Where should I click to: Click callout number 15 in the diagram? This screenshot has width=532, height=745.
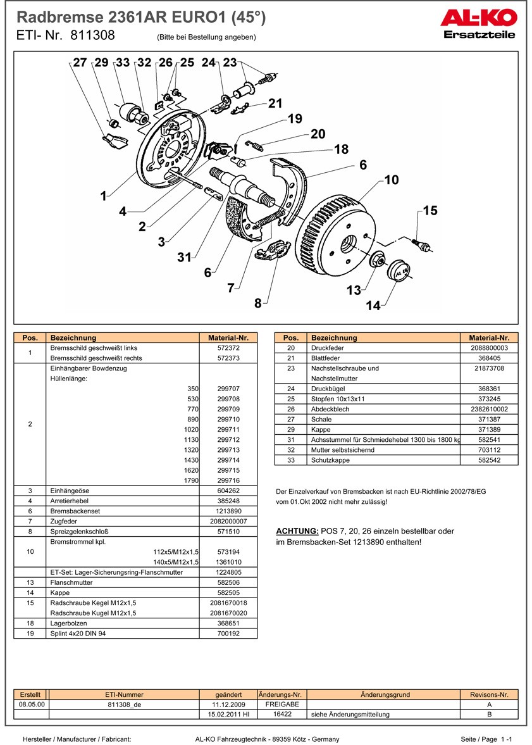pyautogui.click(x=430, y=211)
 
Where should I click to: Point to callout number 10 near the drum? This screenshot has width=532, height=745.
pyautogui.click(x=392, y=180)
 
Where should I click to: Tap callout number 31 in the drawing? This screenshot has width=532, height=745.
pyautogui.click(x=184, y=257)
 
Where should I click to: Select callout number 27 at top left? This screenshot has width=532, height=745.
pyautogui.click(x=80, y=63)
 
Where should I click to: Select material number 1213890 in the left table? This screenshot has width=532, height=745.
pyautogui.click(x=228, y=511)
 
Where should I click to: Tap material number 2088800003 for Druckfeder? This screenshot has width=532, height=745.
pyautogui.click(x=489, y=348)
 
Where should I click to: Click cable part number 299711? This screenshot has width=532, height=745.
pyautogui.click(x=228, y=429)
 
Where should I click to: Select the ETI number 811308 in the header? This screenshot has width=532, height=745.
pyautogui.click(x=92, y=35)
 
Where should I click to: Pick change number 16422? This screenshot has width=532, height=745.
pyautogui.click(x=281, y=715)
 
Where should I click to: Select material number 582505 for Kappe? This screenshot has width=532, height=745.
pyautogui.click(x=228, y=592)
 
